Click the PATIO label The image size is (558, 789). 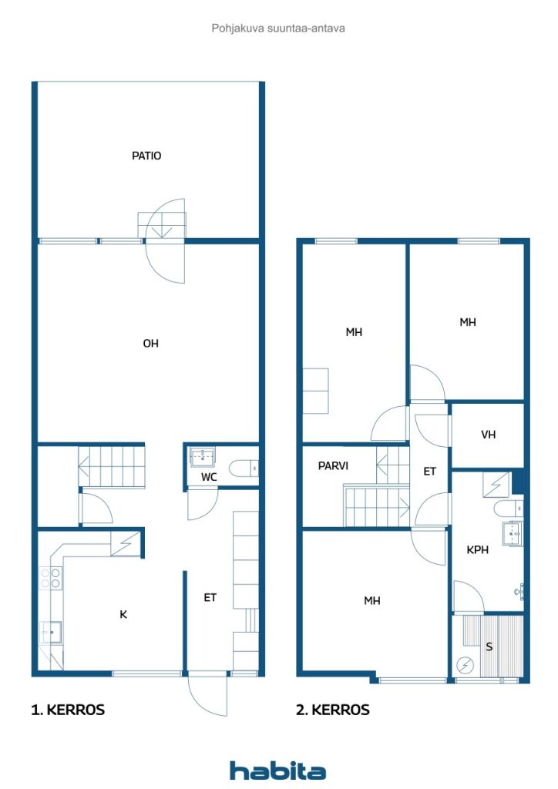point(146,156)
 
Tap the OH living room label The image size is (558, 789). point(150,344)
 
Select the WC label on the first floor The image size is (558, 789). point(209,477)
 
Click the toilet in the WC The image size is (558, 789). point(244,468)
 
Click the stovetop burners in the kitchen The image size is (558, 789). point(50,578)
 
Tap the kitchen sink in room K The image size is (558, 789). point(51,632)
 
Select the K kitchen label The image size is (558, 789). point(123,614)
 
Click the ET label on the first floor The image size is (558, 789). point(210,598)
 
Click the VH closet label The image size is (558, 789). point(488,435)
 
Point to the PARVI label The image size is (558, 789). point(333,466)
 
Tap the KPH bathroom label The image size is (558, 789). point(478,550)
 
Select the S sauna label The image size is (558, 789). point(489,647)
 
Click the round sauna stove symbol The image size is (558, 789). point(466,666)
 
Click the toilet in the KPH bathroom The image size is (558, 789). point(508,509)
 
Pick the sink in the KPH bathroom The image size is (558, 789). point(513,533)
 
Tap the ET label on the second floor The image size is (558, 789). point(429,472)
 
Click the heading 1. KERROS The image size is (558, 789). point(68,710)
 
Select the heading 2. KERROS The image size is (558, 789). point(333,710)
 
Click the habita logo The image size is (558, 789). point(277,770)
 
